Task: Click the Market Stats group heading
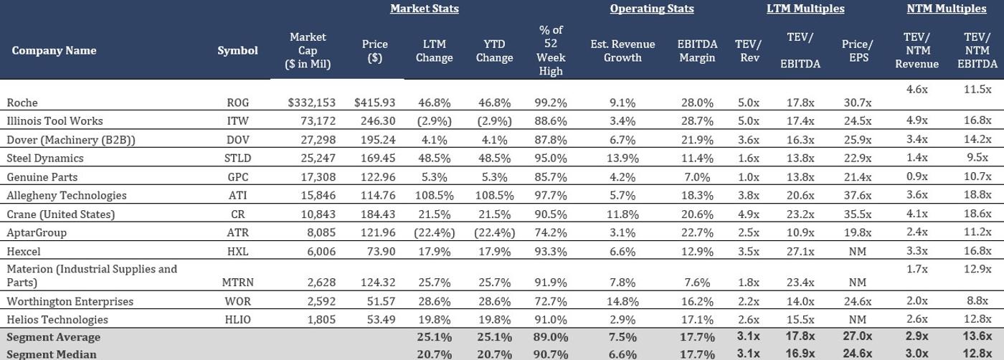424,9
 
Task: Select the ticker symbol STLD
237,158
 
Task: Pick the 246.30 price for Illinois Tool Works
374,121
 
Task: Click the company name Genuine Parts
42,177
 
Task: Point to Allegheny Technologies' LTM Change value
434,196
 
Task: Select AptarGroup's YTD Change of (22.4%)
494,233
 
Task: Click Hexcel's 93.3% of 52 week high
550,252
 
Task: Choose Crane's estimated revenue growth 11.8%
622,214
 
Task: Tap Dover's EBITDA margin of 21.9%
697,140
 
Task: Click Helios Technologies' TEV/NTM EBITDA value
977,319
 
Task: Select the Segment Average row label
54,337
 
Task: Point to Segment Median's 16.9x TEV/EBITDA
800,354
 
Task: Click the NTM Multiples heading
946,9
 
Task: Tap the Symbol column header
237,51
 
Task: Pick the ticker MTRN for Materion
237,283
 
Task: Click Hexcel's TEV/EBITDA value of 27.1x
800,252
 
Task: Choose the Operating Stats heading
651,9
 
